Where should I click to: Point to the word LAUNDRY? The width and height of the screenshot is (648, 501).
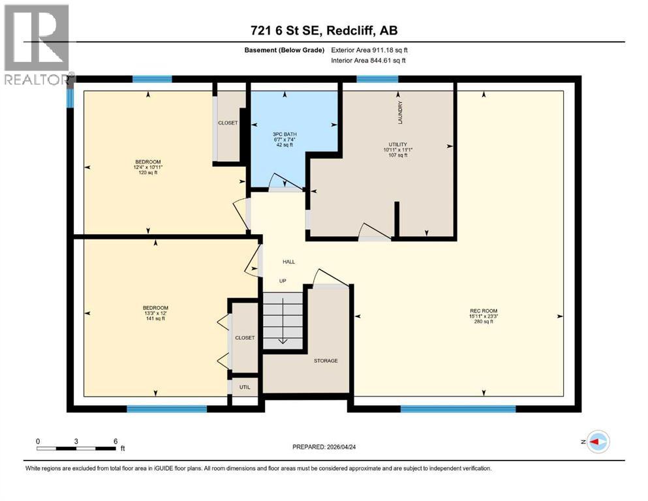[401, 113]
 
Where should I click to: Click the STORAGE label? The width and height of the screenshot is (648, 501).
[325, 361]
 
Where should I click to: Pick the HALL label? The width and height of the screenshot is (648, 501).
[288, 262]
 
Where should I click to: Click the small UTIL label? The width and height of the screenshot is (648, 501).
[245, 387]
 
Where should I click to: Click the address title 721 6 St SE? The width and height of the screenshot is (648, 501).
[323, 29]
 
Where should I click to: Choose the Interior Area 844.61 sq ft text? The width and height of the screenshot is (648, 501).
[370, 60]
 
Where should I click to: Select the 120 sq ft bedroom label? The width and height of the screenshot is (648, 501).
[147, 167]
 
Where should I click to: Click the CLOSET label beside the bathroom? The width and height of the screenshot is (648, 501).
[228, 123]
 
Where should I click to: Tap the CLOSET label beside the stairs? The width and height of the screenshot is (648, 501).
[245, 337]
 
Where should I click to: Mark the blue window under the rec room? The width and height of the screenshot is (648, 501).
[457, 409]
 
